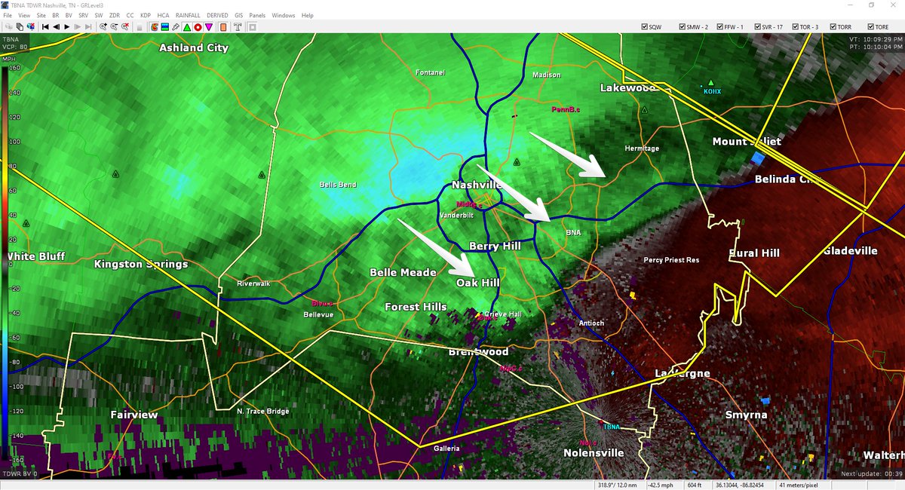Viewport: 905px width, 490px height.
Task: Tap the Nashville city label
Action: click(x=477, y=185)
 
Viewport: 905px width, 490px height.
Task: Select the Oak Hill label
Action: click(x=477, y=283)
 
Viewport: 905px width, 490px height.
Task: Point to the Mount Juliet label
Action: click(x=747, y=142)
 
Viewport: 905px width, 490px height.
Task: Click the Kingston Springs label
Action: click(x=141, y=265)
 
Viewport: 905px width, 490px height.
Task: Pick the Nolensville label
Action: click(x=594, y=453)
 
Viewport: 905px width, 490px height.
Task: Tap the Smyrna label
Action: click(x=746, y=415)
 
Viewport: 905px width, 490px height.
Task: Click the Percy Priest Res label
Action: click(x=671, y=260)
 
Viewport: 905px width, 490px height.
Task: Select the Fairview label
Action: click(x=134, y=415)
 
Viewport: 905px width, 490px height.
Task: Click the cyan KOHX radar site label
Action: click(x=712, y=90)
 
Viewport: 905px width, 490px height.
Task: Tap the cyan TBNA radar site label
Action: click(x=611, y=427)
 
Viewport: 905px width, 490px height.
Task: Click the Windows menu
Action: click(x=284, y=15)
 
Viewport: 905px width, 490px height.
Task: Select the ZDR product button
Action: click(x=114, y=15)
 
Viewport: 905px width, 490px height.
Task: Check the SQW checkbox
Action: click(x=646, y=26)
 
